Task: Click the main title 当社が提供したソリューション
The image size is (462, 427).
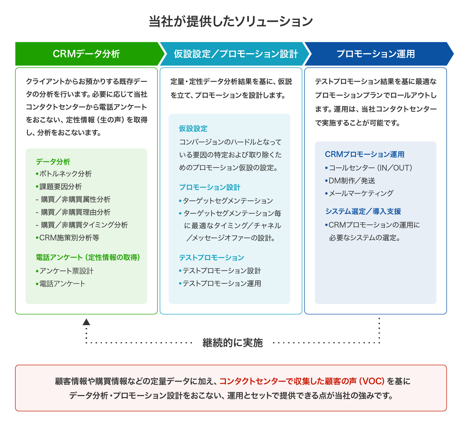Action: click(231, 21)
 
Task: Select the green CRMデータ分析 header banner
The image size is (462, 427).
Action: click(86, 54)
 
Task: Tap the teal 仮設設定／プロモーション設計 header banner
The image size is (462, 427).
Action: click(236, 54)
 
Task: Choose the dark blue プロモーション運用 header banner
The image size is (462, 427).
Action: click(376, 54)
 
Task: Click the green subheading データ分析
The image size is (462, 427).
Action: click(53, 162)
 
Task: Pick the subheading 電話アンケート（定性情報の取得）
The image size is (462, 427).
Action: click(88, 257)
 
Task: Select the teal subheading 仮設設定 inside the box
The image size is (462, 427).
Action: click(193, 128)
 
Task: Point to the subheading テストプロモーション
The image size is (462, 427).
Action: click(212, 257)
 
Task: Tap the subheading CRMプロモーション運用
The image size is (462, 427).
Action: click(365, 154)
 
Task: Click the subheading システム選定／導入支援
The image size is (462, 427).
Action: click(363, 211)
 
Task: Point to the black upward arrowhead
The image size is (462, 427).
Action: click(86, 322)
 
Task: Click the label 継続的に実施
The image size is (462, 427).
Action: click(233, 343)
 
